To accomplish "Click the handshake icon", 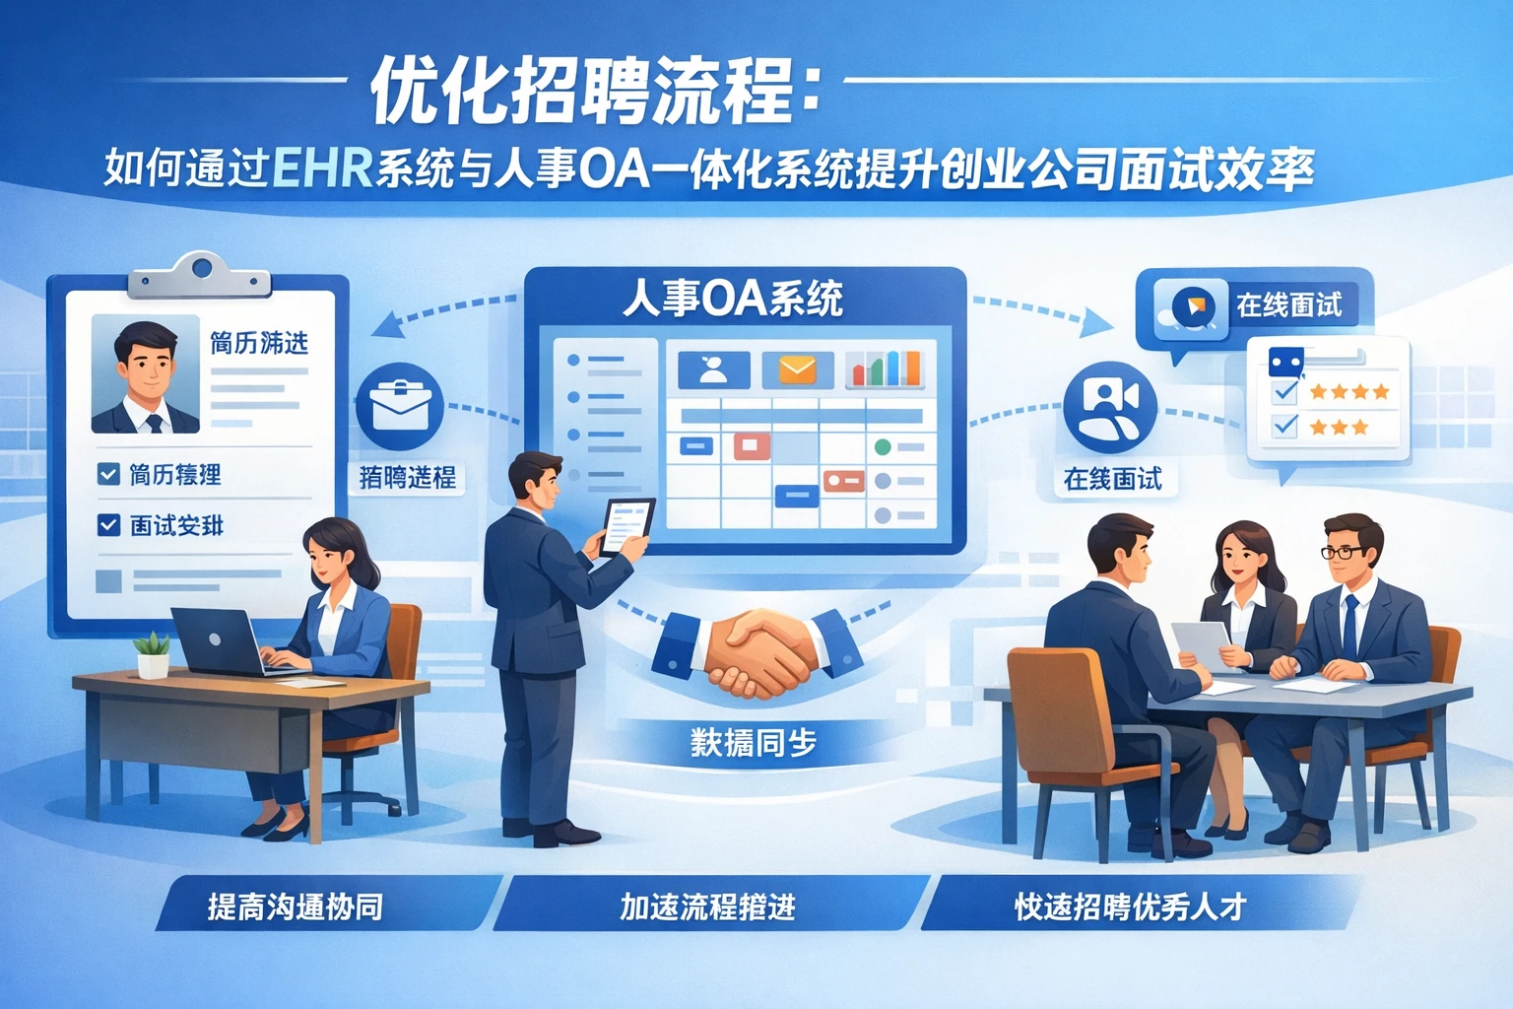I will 756,651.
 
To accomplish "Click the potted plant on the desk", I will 153,655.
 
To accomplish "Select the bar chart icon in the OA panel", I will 885,369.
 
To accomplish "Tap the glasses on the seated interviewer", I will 1341,552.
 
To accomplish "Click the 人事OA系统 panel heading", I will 733,299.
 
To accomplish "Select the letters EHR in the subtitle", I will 321,168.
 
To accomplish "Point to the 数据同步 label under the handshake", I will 754,742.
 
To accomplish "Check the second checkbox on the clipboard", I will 108,525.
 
